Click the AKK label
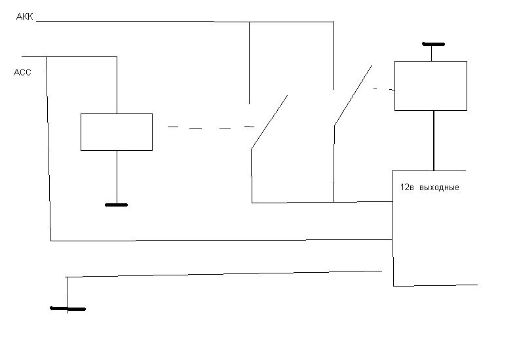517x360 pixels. point(24,16)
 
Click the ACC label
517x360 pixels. point(22,73)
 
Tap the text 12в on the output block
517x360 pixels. point(407,188)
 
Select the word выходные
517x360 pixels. point(438,188)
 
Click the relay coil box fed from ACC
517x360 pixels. point(116,132)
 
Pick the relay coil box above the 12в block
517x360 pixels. point(431,86)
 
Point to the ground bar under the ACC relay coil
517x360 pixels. point(116,205)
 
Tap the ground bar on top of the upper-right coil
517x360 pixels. point(433,44)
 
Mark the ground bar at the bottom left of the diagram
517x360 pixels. point(68,308)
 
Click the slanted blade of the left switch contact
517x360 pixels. point(269,123)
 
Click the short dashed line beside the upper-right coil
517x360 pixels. point(383,89)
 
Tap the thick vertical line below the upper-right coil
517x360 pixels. point(433,140)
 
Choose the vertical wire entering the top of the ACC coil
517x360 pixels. point(116,85)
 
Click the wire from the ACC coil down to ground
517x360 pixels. point(116,177)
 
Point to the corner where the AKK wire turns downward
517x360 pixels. point(333,22)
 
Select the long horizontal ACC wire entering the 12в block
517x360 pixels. point(216,241)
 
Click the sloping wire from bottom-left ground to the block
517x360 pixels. point(223,273)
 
